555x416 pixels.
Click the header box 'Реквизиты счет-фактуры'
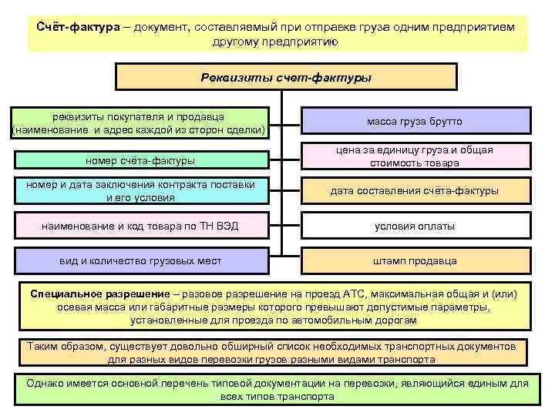[x=285, y=78]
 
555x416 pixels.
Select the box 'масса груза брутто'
[x=415, y=122]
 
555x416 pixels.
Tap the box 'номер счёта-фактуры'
[x=140, y=160]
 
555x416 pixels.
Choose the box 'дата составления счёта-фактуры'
[x=415, y=190]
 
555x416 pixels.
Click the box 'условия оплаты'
[x=415, y=226]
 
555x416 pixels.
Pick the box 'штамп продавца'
[x=415, y=261]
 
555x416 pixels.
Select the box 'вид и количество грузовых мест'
[x=140, y=261]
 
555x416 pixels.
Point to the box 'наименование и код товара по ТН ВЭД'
[x=140, y=226]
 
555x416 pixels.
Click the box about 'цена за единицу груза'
[x=415, y=156]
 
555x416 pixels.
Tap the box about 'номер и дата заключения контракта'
[x=140, y=190]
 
